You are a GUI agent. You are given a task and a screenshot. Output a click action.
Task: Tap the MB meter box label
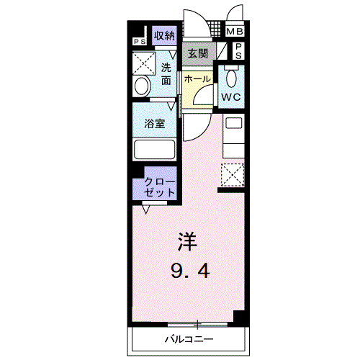click(x=235, y=32)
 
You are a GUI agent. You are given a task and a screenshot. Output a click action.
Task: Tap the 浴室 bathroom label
click(x=155, y=123)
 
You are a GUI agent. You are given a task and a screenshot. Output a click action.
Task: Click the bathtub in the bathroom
click(x=154, y=149)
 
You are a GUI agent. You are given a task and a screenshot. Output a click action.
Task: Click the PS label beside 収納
click(x=138, y=41)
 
